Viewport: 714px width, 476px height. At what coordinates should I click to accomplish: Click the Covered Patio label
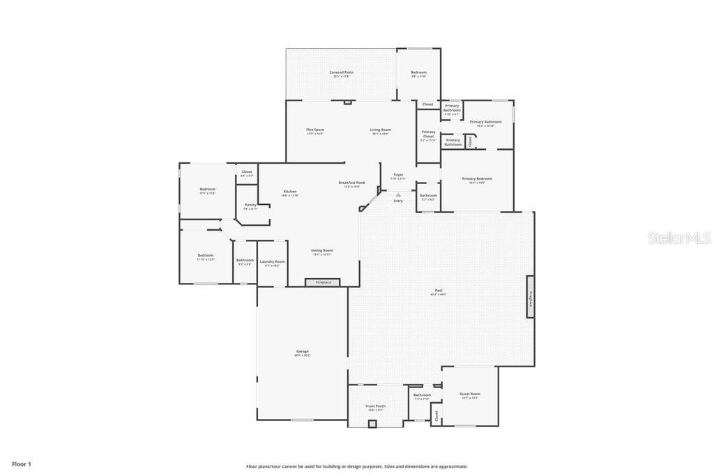coord(341,72)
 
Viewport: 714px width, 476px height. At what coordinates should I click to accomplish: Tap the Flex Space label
coord(315,130)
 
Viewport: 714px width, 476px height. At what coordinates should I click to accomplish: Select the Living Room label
coord(380,130)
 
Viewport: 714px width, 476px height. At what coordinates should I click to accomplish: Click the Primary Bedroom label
coord(477,178)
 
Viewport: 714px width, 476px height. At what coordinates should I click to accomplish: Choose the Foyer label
coord(398,175)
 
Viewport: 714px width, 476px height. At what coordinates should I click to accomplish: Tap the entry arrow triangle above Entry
coord(398,195)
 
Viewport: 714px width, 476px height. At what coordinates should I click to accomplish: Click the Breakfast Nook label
coord(351,183)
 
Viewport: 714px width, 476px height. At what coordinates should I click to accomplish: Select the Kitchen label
coord(290,192)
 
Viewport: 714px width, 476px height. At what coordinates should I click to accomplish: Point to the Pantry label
coord(250,205)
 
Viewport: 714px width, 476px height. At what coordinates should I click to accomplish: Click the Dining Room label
coord(321,250)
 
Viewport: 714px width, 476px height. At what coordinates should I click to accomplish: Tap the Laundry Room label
coord(272,262)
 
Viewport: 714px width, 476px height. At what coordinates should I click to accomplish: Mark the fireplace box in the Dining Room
coord(323,282)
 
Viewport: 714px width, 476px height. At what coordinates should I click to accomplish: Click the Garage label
coord(302,352)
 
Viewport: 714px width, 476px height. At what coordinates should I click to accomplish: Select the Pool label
coord(439,291)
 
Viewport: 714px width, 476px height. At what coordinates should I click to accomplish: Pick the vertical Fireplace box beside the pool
coord(530,297)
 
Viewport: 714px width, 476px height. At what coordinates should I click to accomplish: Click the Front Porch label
coord(375,406)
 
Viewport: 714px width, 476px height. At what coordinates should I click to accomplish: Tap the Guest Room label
coord(470,394)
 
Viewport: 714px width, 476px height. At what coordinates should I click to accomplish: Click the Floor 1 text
coord(22,464)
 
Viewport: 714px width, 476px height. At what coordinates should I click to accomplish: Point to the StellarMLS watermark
coord(679,238)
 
